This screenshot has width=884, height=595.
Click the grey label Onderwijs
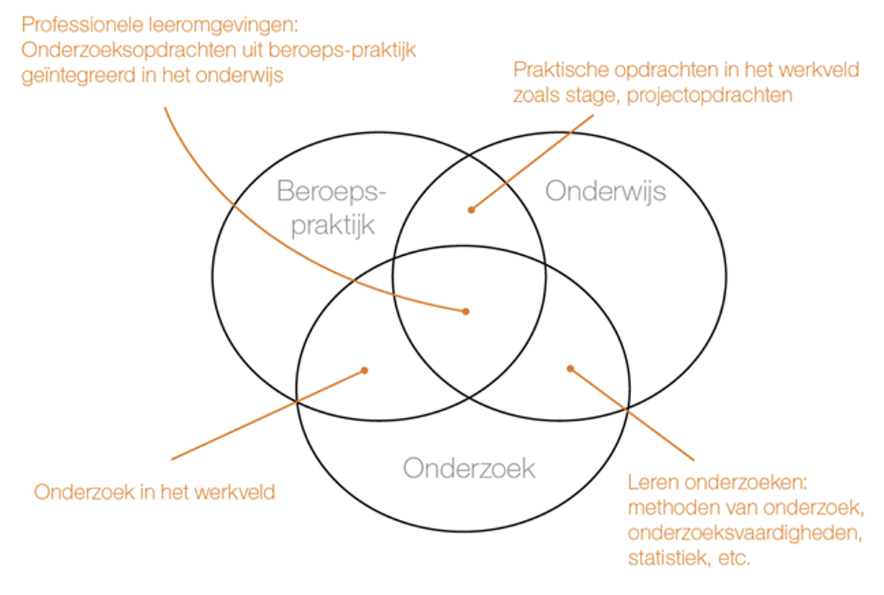tap(606, 192)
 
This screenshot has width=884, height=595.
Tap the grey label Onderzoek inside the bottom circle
tap(469, 469)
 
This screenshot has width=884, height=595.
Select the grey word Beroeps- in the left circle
tap(332, 191)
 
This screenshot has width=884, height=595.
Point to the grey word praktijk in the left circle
tap(333, 225)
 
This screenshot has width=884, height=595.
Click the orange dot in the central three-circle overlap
tap(466, 312)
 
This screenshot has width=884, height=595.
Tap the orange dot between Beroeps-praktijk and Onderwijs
tap(471, 210)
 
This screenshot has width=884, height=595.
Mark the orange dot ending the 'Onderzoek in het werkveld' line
tap(365, 370)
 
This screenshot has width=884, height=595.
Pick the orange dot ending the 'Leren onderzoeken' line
tap(570, 368)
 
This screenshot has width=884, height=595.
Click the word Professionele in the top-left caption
tap(83, 25)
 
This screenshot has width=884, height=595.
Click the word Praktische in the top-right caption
tap(562, 70)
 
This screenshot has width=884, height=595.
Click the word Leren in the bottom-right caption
tap(653, 482)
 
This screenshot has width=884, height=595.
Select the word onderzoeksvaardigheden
tap(745, 533)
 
